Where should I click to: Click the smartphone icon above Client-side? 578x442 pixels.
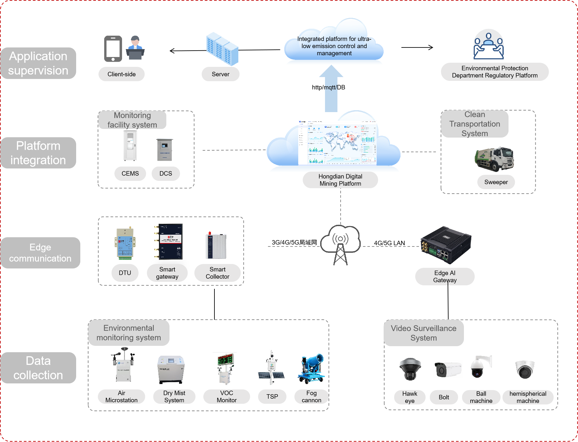click(x=113, y=49)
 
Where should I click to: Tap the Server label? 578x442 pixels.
click(x=220, y=74)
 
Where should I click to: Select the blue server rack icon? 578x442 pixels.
click(x=222, y=49)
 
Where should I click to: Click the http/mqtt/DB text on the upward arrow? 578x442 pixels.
click(x=329, y=87)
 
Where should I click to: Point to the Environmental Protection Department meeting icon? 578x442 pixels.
click(x=488, y=46)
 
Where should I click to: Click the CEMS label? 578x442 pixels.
click(x=130, y=174)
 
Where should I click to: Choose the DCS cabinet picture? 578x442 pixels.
click(x=165, y=149)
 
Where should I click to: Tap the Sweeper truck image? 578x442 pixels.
click(x=494, y=159)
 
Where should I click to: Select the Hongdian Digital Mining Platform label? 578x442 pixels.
click(x=340, y=180)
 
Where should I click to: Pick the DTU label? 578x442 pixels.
click(x=125, y=273)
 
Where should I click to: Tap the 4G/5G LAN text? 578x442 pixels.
click(x=389, y=243)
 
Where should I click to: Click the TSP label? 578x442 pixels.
click(x=272, y=396)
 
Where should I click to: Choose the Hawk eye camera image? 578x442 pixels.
click(x=410, y=369)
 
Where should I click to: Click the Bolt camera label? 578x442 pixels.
click(x=444, y=397)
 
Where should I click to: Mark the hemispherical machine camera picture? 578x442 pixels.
click(x=524, y=369)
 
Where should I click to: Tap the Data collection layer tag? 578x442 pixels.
click(x=38, y=368)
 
